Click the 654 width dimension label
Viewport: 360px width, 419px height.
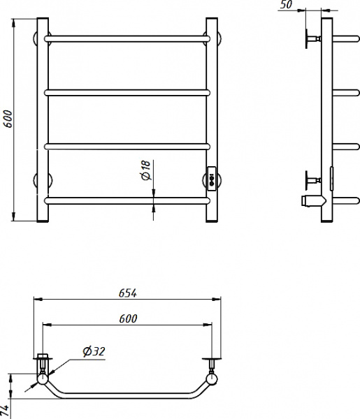pyautogui.click(x=128, y=293)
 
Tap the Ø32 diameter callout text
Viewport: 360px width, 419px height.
pyautogui.click(x=94, y=351)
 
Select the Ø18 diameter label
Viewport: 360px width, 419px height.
pyautogui.click(x=146, y=170)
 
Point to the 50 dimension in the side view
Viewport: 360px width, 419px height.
pyautogui.click(x=287, y=5)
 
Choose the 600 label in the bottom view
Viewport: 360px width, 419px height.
pyautogui.click(x=128, y=318)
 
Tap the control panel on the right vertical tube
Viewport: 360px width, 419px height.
pyautogui.click(x=212, y=179)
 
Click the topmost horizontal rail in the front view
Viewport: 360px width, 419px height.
pyautogui.click(x=127, y=39)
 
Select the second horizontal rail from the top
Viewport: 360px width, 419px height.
pyautogui.click(x=127, y=93)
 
